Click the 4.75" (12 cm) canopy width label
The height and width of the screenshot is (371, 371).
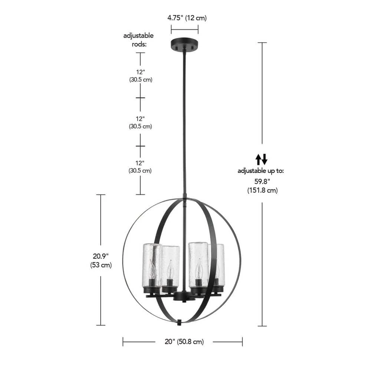(187, 18)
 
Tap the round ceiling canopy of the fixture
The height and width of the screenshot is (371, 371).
(184, 45)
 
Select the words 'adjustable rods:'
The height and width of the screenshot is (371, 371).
(138, 40)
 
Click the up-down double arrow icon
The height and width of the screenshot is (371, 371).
(262, 159)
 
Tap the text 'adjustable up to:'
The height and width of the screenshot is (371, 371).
(261, 171)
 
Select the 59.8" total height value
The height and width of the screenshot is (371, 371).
(262, 181)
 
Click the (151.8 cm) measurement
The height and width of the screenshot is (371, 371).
(262, 190)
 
